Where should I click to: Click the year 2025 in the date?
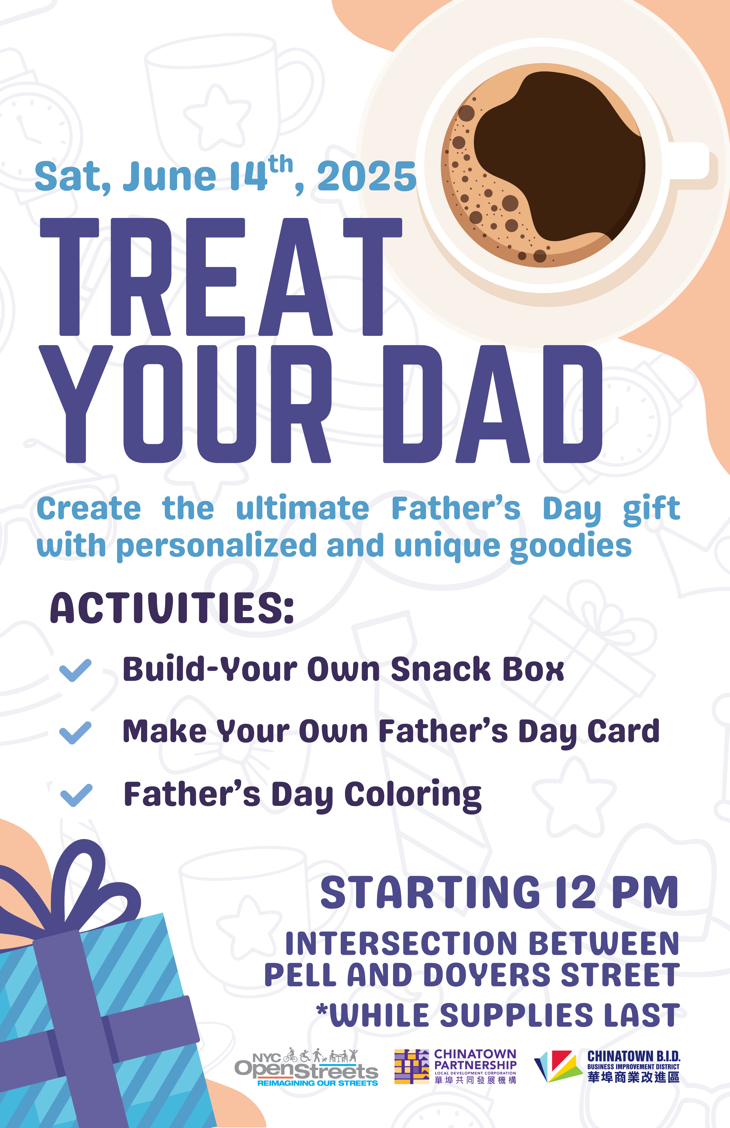tap(366, 176)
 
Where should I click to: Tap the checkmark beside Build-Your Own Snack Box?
tap(75, 670)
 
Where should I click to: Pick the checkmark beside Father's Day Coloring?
tap(76, 795)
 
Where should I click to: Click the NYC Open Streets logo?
tap(306, 1067)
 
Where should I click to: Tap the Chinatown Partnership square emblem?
tap(411, 1067)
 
